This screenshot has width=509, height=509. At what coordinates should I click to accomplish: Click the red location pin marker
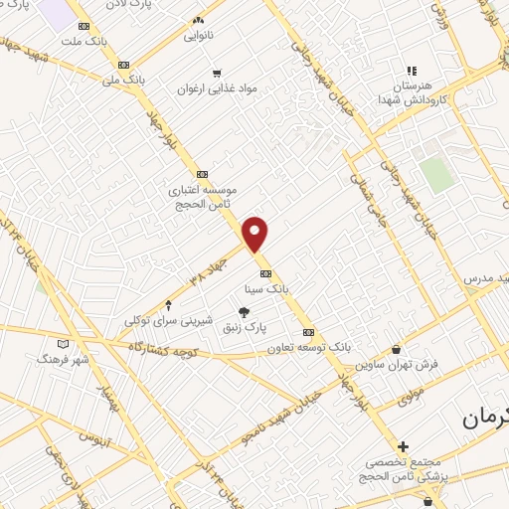coord(256,234)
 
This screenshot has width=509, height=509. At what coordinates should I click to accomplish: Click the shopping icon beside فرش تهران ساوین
coord(398,350)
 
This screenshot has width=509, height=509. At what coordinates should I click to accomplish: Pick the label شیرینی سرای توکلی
coord(168,320)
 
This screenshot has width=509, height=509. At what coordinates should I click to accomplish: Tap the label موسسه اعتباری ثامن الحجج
coord(202,193)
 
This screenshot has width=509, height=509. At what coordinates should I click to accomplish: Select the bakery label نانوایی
coord(199,37)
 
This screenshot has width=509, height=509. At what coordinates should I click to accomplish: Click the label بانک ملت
coord(83,43)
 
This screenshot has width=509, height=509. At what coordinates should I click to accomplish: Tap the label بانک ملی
coord(126,77)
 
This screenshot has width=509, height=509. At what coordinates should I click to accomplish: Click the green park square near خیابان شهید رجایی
coord(435,174)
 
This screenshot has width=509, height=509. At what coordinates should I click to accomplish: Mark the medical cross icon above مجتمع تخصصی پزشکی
coord(403,447)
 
